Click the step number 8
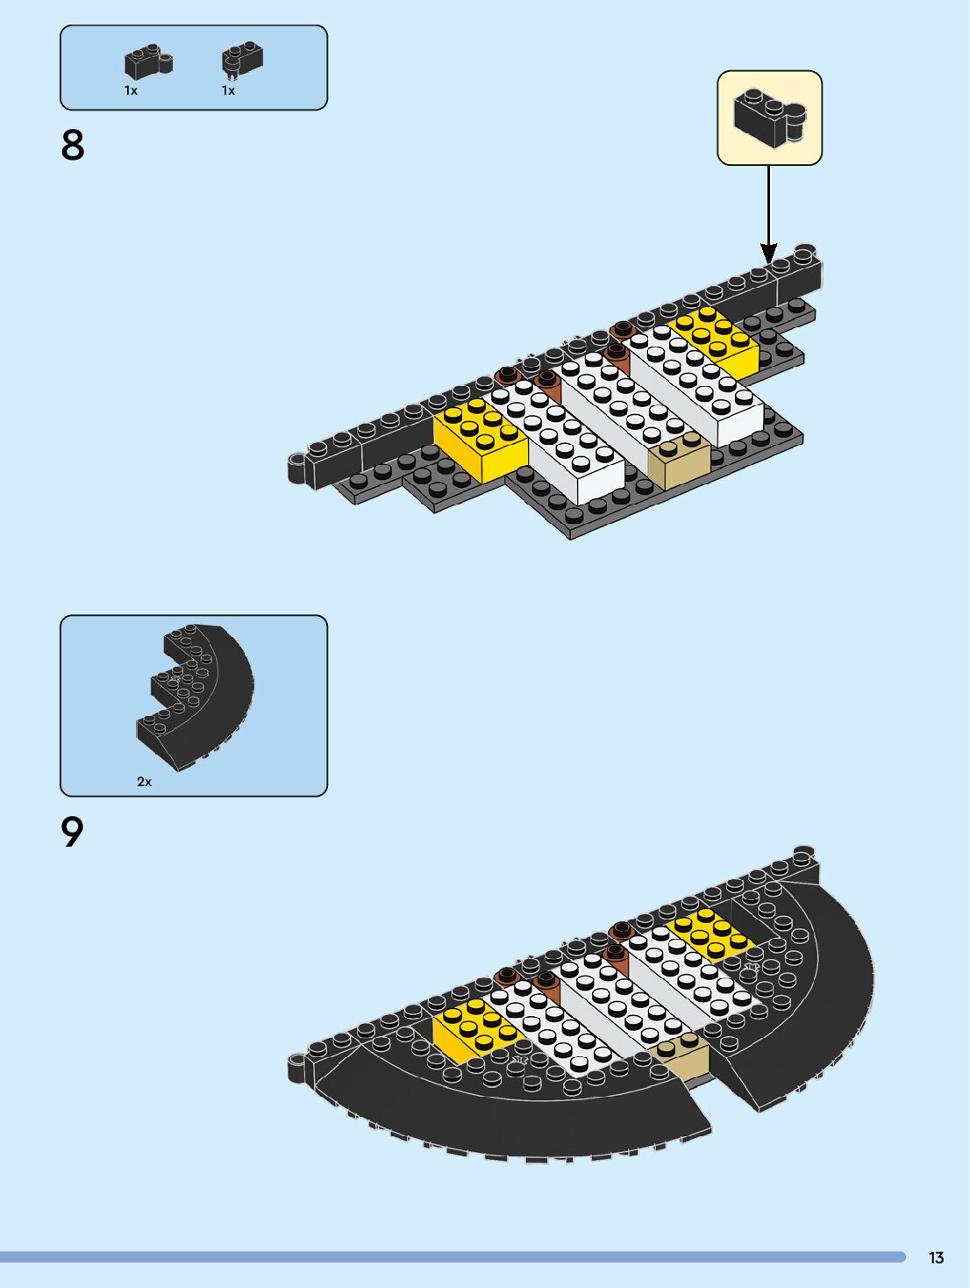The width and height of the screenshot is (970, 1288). [73, 146]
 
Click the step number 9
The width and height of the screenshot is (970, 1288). [73, 832]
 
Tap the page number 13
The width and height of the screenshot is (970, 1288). [936, 1258]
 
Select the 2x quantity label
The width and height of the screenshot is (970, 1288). [144, 781]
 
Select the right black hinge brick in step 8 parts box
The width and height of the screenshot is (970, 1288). [242, 59]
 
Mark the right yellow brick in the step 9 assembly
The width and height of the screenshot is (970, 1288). [710, 934]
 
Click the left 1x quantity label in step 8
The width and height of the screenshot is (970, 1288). [131, 90]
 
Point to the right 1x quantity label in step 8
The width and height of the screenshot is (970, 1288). [228, 90]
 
